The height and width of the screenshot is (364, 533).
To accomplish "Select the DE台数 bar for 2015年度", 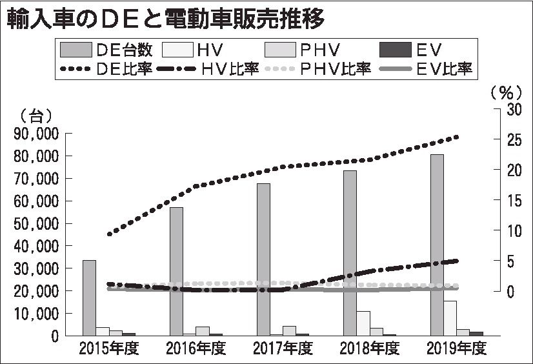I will pyautogui.click(x=89, y=298).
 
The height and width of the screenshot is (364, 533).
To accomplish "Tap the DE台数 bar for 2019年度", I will pyautogui.click(x=437, y=245).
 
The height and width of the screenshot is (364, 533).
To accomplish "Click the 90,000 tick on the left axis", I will pyautogui.click(x=35, y=134).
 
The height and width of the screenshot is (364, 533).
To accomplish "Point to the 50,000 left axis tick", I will pyautogui.click(x=35, y=223).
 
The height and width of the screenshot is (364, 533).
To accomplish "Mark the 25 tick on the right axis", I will pyautogui.click(x=512, y=139).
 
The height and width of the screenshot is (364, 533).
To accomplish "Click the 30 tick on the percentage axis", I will pyautogui.click(x=512, y=109).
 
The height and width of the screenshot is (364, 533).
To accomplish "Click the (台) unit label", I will pyautogui.click(x=32, y=116).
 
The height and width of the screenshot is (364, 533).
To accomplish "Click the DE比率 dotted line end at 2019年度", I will pyautogui.click(x=457, y=136).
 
